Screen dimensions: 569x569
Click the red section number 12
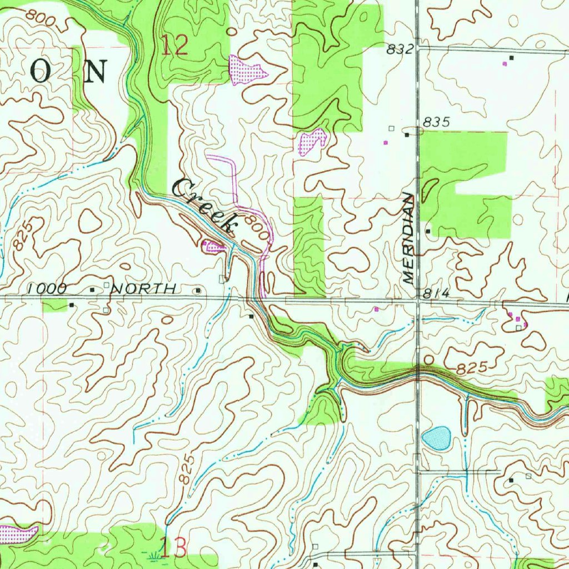(x=174, y=45)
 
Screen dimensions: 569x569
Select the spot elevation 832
(x=400, y=50)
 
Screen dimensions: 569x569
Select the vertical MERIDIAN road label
(x=409, y=238)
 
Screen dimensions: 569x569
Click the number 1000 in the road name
(x=47, y=288)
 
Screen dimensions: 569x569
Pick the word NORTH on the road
(x=144, y=288)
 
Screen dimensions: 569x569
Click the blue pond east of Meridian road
(x=436, y=437)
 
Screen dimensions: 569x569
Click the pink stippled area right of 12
(x=246, y=70)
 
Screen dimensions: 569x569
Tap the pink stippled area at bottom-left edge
(x=18, y=534)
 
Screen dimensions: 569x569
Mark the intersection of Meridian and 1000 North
(x=417, y=301)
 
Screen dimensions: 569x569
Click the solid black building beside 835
(x=407, y=134)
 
